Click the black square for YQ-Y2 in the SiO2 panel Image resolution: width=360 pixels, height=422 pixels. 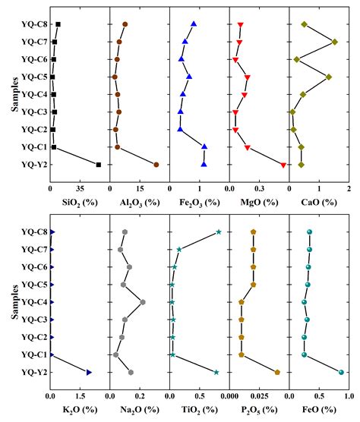[99, 165]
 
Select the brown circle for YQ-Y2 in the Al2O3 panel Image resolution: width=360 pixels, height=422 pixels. [156, 165]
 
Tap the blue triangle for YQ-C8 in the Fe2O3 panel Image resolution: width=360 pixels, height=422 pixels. [194, 24]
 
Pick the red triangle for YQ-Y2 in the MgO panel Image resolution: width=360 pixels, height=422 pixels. [283, 165]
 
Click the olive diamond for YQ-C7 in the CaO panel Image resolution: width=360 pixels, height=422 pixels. [334, 42]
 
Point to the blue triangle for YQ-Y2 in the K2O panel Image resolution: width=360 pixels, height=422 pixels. [89, 372]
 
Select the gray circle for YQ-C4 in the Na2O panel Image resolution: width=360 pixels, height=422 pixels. [143, 302]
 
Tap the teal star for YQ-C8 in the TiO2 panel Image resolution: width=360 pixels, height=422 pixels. [219, 231]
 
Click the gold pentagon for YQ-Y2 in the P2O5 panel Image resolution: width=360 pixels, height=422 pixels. [277, 372]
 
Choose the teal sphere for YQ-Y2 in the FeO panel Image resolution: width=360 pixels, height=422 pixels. [341, 372]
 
